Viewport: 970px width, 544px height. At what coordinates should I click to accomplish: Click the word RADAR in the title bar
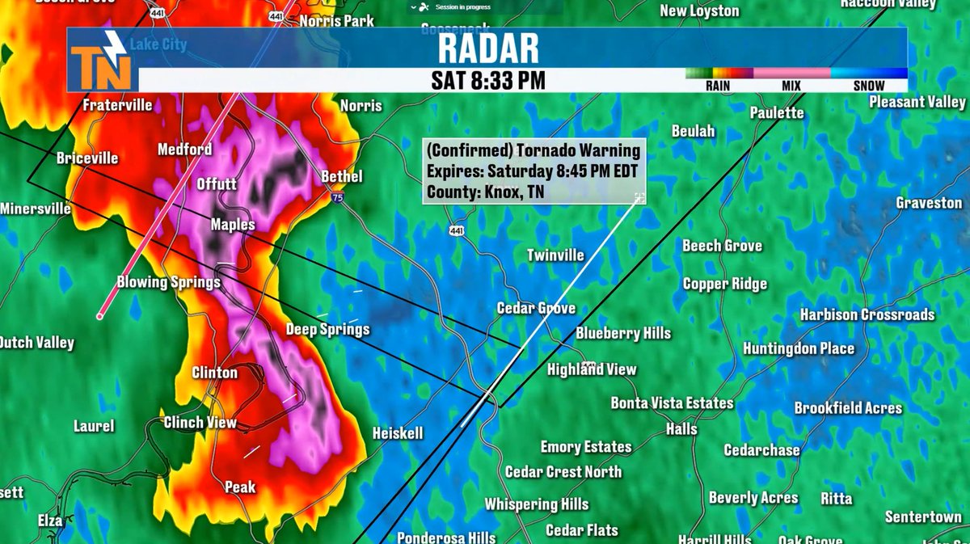[488, 48]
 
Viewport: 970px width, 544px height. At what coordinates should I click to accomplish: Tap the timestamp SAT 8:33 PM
[487, 80]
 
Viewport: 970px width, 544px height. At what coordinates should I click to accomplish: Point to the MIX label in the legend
[791, 86]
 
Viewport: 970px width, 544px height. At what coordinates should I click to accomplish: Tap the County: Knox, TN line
[486, 192]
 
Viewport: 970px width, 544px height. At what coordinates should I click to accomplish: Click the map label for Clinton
[214, 373]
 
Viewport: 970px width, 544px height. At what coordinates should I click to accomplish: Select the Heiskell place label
[397, 434]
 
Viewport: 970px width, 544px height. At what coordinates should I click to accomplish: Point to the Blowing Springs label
[169, 282]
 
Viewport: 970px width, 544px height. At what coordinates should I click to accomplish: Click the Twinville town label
[555, 255]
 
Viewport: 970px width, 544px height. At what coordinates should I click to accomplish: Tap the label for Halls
[681, 429]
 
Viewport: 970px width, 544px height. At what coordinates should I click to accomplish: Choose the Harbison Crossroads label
[867, 314]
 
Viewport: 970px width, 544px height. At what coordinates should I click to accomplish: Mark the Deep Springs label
[327, 329]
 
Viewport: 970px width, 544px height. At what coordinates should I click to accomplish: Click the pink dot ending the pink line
[100, 316]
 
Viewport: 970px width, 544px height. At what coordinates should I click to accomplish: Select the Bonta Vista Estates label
[672, 403]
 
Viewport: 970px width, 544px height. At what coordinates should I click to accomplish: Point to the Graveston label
[929, 203]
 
